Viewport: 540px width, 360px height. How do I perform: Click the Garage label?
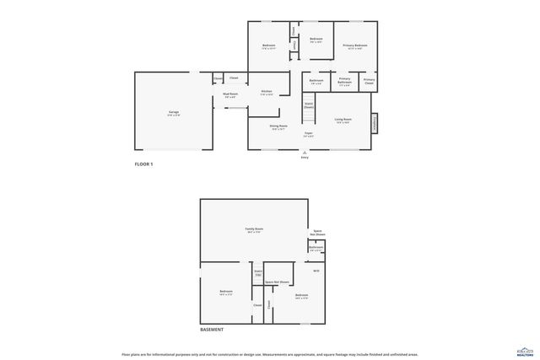point(173,112)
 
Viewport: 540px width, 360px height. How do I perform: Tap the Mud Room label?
point(230,95)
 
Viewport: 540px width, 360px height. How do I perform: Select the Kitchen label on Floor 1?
point(267,92)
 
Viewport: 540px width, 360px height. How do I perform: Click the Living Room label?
point(343,121)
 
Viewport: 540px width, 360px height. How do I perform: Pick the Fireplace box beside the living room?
point(375,123)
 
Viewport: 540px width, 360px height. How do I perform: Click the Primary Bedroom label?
point(354,46)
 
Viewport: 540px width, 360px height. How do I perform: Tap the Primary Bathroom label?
point(344,81)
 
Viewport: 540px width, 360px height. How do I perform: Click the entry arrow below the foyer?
point(305,153)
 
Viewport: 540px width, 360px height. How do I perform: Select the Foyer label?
point(309,134)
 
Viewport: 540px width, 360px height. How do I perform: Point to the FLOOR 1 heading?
point(144,164)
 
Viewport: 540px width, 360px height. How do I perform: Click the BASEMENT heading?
point(212,330)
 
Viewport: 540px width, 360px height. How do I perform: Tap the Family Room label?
point(254,230)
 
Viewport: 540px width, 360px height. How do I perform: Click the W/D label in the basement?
point(316,271)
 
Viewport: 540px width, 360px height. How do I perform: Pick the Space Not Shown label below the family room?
point(278,282)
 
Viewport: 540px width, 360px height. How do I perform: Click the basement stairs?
point(258,274)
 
